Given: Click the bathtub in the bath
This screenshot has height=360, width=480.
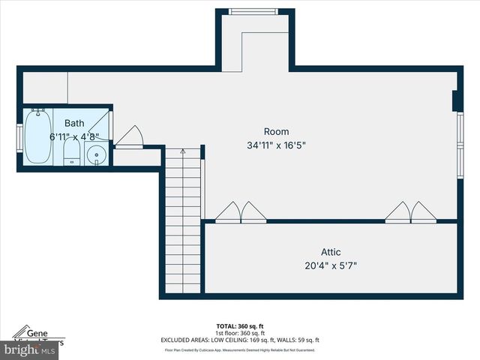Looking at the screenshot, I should coord(37,136).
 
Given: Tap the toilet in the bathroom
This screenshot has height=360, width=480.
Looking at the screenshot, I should coord(71,154).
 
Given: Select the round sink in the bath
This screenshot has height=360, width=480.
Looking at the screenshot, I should coord(96,155).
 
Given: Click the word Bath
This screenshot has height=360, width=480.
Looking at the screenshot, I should coord(74,123).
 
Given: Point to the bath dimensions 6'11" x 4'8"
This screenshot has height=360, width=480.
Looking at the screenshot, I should coord(74,136).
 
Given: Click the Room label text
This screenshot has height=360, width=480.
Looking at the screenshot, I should coord(276,132).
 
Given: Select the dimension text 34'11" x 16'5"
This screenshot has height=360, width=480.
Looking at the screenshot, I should coord(276,145).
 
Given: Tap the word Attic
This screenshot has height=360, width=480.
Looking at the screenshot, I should coord(331,252).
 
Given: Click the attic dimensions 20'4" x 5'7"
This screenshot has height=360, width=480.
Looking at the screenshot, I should coord(331,265).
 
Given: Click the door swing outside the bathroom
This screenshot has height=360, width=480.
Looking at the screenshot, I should coord(129,137).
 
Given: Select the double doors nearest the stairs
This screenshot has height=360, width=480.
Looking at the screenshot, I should coord(241,212).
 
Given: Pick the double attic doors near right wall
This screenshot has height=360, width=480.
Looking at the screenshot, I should coord(411,212).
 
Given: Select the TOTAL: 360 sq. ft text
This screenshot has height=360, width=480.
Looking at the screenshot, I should coord(240,326).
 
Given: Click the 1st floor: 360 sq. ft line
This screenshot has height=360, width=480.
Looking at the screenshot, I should coord(240,333).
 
